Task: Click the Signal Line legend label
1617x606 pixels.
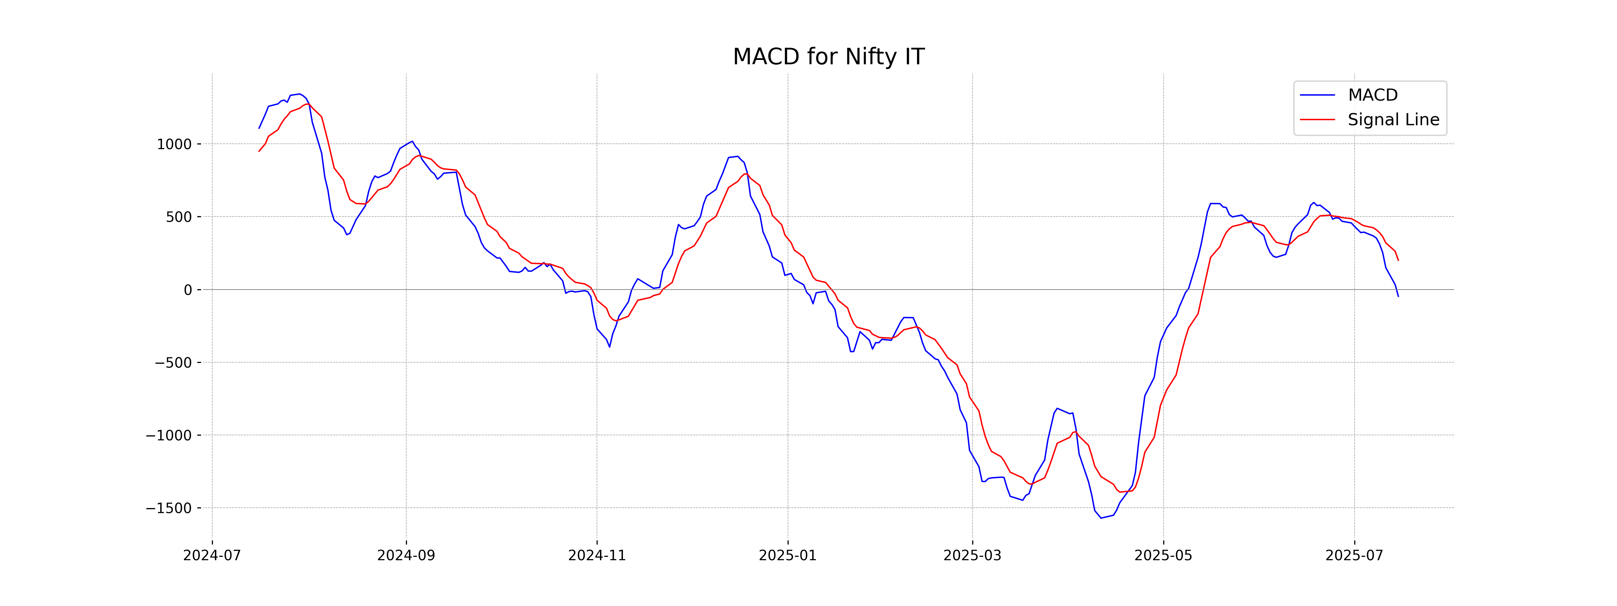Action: (1393, 120)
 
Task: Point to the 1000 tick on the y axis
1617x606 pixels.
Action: (174, 144)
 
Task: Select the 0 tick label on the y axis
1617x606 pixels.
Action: (188, 290)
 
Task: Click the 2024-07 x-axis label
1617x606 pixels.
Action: (212, 556)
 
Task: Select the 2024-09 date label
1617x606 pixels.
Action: (406, 556)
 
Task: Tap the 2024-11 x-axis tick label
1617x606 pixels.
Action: (597, 556)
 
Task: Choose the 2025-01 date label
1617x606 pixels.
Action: (788, 556)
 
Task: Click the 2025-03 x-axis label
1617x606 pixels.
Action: (972, 556)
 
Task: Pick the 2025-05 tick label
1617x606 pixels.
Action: (1163, 556)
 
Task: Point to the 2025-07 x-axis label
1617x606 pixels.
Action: (1354, 556)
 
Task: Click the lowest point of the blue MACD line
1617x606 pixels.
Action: (1101, 518)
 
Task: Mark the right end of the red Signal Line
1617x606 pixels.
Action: (1398, 260)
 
